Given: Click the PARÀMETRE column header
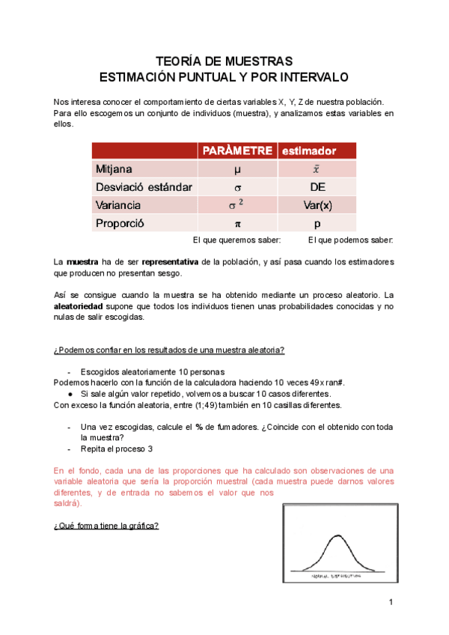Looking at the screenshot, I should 235,150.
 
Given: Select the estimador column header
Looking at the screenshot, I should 308,150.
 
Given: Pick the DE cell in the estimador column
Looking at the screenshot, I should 317,186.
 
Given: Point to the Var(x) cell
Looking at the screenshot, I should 317,204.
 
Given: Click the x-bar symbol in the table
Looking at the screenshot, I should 317,169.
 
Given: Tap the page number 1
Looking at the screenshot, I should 391,602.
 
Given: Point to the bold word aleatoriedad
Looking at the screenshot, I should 85,306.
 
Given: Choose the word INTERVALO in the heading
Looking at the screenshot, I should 306,76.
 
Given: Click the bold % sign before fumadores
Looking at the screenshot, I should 200,426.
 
